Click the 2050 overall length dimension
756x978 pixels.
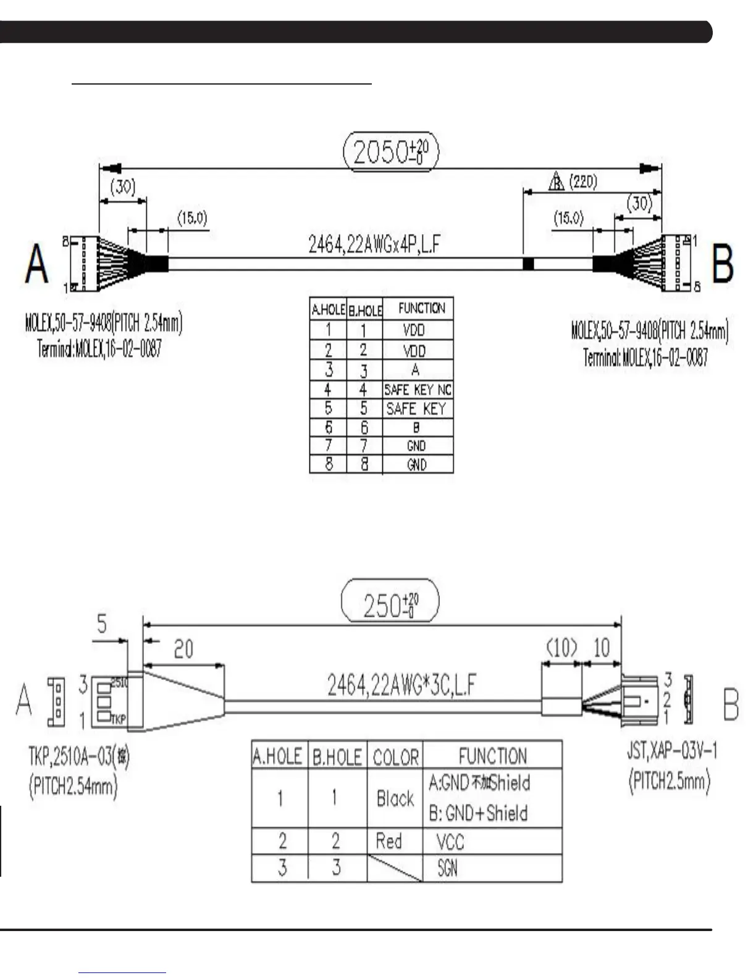(x=390, y=151)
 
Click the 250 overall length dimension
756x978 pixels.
(x=390, y=603)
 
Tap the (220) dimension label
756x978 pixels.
(x=582, y=182)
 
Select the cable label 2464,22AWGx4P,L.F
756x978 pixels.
(x=374, y=244)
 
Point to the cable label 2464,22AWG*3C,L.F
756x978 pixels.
(x=401, y=686)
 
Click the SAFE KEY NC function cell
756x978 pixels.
(x=418, y=390)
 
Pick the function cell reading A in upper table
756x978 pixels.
(x=416, y=370)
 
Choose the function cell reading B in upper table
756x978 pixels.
(x=416, y=427)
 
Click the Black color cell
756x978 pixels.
(x=395, y=798)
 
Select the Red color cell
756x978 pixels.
(x=389, y=841)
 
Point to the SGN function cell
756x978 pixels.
(x=447, y=868)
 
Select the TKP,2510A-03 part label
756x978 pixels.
(x=79, y=756)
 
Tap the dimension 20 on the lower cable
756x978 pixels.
(x=183, y=649)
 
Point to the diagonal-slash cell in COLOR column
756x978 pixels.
(x=395, y=868)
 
